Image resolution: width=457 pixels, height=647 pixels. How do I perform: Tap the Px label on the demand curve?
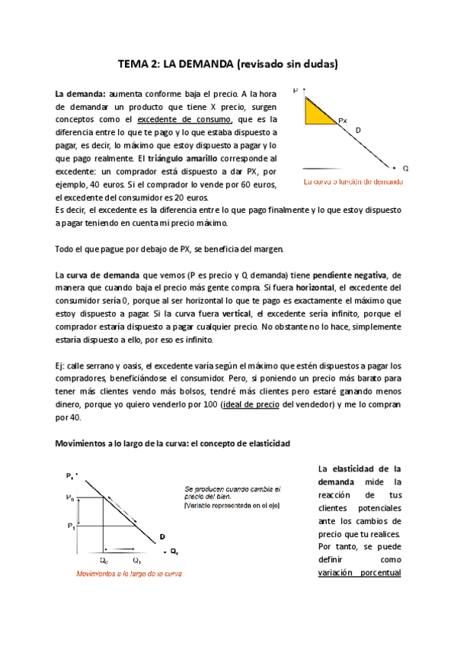(x=343, y=121)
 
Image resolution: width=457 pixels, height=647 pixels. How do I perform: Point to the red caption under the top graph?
(x=353, y=182)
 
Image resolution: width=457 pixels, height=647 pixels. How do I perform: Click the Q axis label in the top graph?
(x=405, y=168)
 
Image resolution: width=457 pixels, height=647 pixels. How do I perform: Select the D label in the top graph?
(x=358, y=131)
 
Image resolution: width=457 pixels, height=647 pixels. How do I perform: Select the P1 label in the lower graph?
(x=71, y=526)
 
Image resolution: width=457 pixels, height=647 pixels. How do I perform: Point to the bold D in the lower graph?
(x=162, y=536)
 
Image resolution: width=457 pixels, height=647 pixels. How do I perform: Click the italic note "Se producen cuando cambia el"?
(x=233, y=488)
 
